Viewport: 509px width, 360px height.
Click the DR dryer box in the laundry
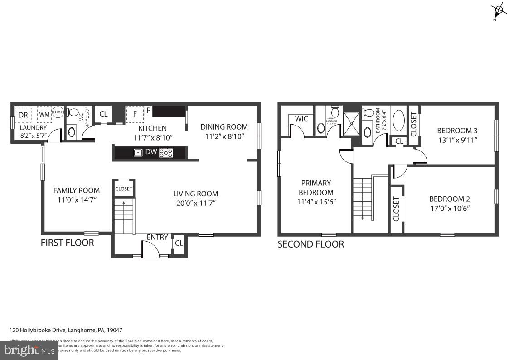click(x=23, y=115)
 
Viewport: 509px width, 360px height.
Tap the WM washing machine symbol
click(x=44, y=114)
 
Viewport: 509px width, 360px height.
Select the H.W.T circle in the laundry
click(x=58, y=112)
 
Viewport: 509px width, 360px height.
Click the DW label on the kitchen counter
click(x=151, y=153)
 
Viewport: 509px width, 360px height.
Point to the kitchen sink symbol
click(x=138, y=153)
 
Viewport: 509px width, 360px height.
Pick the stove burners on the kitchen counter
click(x=166, y=153)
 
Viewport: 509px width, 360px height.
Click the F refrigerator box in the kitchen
click(x=134, y=114)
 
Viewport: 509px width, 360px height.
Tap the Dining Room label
click(x=224, y=127)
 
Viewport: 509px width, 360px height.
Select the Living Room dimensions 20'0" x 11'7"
click(x=195, y=203)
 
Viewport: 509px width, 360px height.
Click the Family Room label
click(x=76, y=190)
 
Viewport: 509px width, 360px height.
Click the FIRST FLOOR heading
click(x=68, y=243)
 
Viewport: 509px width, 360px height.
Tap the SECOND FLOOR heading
click(x=310, y=244)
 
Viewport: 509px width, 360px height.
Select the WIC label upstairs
click(x=301, y=119)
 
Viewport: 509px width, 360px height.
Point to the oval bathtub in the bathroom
click(x=399, y=122)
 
